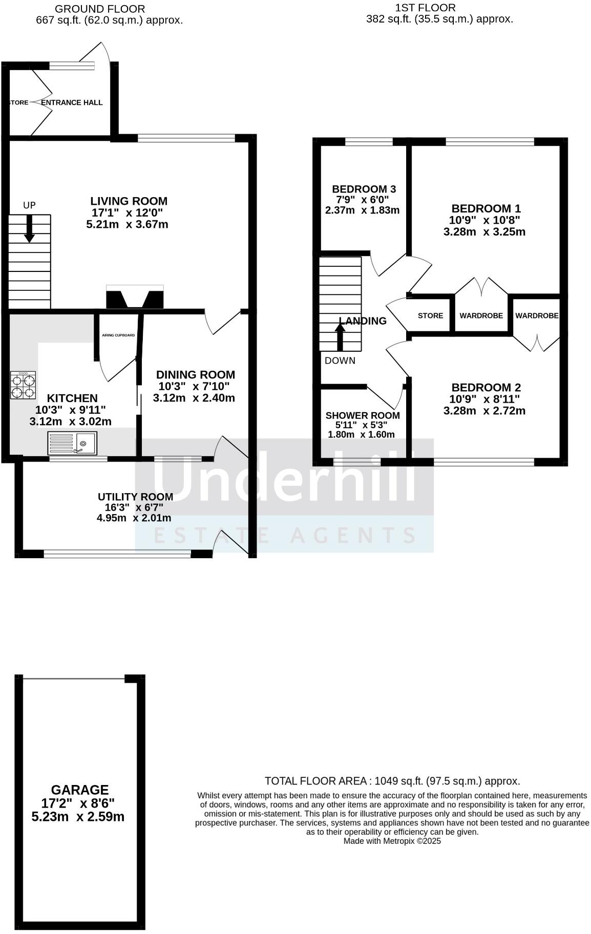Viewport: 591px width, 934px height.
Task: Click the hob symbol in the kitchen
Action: tap(23, 385)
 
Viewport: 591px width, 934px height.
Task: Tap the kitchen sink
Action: tap(72, 443)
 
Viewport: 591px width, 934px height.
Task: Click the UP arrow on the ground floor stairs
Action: tap(30, 228)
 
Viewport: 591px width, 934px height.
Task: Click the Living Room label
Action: tap(129, 201)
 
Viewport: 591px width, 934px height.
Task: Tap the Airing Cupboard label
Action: tap(118, 335)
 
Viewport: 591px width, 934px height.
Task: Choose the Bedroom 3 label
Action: tap(364, 189)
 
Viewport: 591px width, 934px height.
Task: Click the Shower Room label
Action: tap(363, 415)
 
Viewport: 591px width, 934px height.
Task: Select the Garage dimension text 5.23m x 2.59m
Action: tap(78, 817)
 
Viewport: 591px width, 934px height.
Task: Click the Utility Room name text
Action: tap(135, 497)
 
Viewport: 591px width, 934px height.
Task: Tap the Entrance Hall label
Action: tap(72, 102)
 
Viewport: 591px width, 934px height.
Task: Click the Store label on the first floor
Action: tap(430, 315)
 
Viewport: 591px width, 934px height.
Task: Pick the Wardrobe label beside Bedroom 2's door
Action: tap(537, 315)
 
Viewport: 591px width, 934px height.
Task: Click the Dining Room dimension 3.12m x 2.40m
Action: tap(194, 398)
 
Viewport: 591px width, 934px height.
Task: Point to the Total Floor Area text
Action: tap(392, 781)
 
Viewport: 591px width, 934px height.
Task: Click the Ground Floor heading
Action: tap(100, 9)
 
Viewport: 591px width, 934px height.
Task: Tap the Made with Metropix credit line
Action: tap(392, 841)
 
